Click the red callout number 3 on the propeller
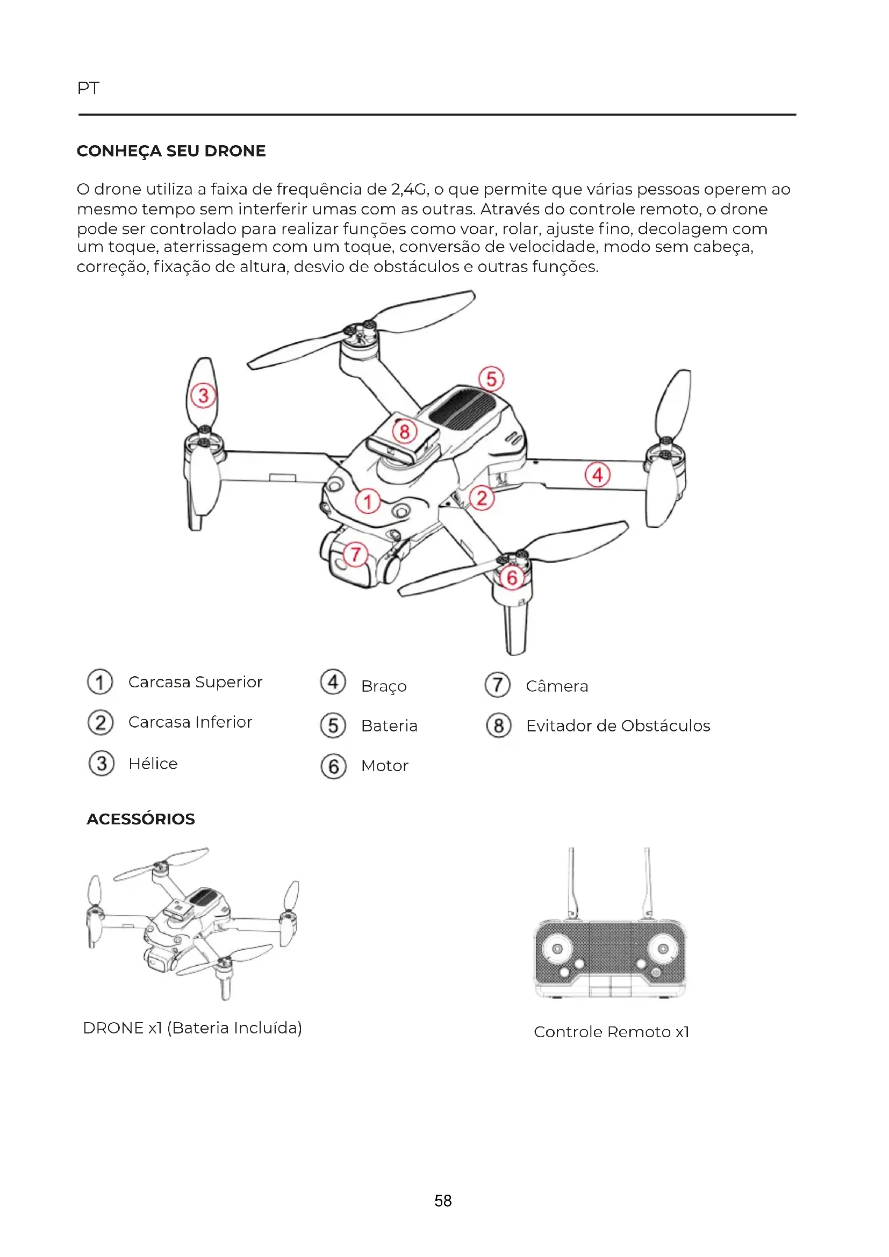[203, 396]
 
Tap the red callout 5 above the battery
[491, 379]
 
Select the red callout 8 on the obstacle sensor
[405, 432]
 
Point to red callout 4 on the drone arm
[597, 475]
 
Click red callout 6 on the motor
[512, 577]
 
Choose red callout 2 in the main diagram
[482, 498]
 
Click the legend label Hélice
[153, 764]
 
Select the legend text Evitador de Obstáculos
[618, 726]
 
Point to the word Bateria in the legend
[389, 726]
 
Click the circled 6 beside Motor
[333, 766]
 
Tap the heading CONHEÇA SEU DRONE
[171, 151]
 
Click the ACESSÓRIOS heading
[141, 819]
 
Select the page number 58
[443, 1201]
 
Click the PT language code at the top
[88, 88]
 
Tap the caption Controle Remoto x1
[611, 1032]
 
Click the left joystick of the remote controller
[557, 949]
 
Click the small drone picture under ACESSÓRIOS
[193, 923]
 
